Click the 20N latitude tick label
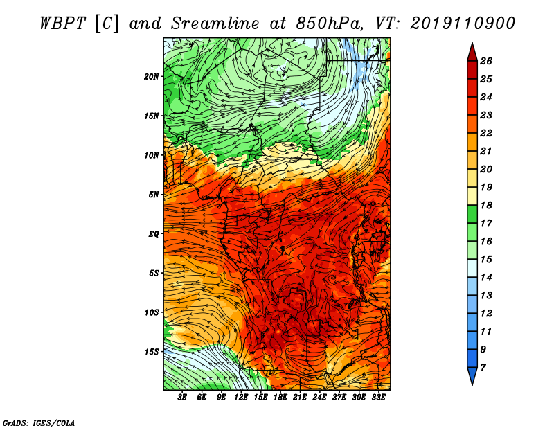coord(152,77)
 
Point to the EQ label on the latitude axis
coord(154,234)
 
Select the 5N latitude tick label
coord(154,195)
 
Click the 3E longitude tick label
coord(182,398)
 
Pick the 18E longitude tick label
coord(280,398)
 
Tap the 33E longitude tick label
coord(378,398)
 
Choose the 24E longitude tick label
coord(319,398)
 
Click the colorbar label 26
coord(486,61)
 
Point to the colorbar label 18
coord(486,205)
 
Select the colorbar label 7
coord(483,367)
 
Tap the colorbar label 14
coord(486,278)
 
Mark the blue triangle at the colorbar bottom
coord(472,374)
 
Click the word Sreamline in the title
coord(215,24)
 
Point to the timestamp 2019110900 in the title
coord(463,24)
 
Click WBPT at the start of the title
coord(62,24)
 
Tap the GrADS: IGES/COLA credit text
coord(39,423)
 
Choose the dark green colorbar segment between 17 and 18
coord(472,214)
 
